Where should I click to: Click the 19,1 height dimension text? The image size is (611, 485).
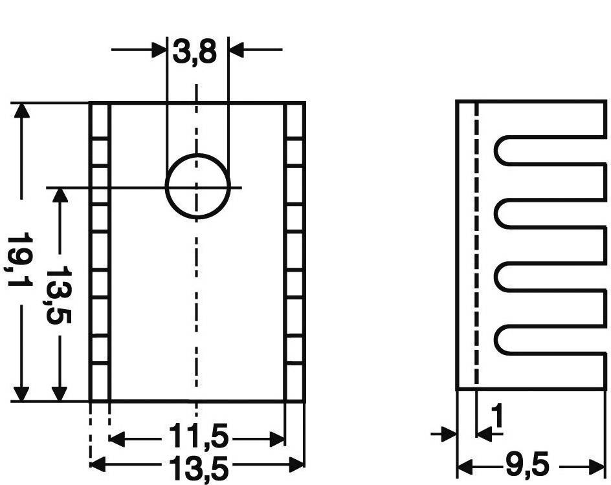tap(21, 261)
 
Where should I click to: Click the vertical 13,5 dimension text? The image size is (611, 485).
tap(60, 294)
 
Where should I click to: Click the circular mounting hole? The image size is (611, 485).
tap(197, 186)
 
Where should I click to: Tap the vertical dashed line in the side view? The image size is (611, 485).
tap(476, 246)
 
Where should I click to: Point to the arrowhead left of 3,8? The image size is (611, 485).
tap(159, 48)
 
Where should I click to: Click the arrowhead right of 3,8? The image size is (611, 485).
tap(237, 48)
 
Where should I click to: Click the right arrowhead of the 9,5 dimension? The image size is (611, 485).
tap(598, 464)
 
